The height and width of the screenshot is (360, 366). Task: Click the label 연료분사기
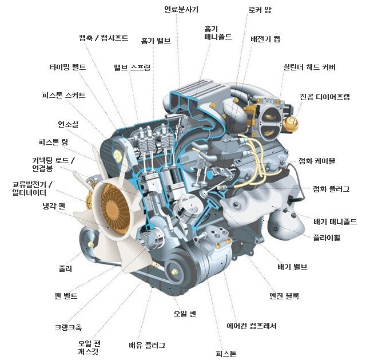point(181,10)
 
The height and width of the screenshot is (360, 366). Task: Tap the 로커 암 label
point(260,10)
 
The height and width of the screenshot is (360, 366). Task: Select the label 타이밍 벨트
point(67,68)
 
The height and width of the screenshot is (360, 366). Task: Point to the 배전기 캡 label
point(265,39)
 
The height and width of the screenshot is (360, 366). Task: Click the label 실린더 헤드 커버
point(309,68)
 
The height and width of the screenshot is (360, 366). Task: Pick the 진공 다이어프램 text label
point(325,97)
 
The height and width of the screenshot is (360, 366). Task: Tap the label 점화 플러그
point(331,189)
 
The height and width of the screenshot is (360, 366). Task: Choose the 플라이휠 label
point(327,238)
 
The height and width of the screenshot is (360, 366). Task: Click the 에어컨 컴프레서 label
point(252,326)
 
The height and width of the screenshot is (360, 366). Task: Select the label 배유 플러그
point(147,345)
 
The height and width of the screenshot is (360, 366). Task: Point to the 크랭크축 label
point(68,327)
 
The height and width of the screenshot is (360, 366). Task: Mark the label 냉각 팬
point(54,206)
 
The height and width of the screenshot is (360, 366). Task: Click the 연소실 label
point(68,124)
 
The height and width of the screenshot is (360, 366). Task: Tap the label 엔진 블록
point(284,296)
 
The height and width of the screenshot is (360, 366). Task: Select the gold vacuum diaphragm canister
point(291,124)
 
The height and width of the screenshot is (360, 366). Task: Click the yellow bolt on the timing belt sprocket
point(117,156)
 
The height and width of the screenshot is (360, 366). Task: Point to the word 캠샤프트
point(114,38)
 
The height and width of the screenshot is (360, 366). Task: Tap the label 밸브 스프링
point(132,68)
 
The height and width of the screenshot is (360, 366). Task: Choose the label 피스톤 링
point(53,142)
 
